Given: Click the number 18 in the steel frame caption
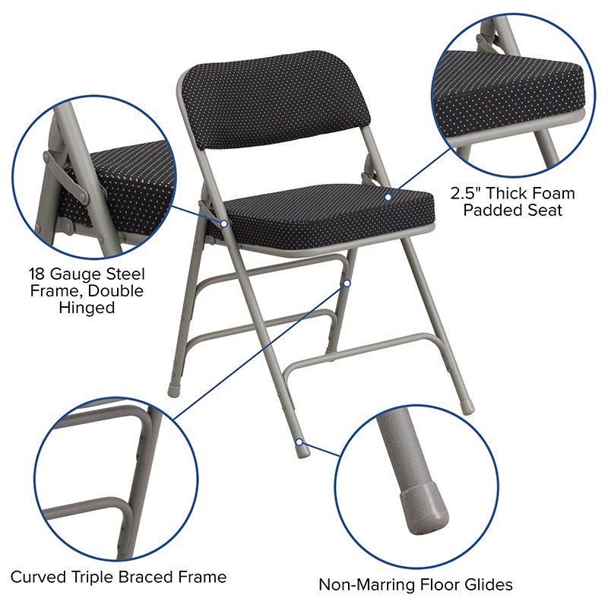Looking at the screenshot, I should (40, 274).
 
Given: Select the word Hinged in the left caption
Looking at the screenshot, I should (87, 308).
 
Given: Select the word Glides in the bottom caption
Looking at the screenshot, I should (487, 584).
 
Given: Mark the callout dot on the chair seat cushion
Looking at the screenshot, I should (388, 197).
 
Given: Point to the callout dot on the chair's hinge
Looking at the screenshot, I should (225, 223).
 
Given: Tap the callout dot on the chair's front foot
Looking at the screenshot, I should (300, 441).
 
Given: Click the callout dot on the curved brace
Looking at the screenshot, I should (347, 283).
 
